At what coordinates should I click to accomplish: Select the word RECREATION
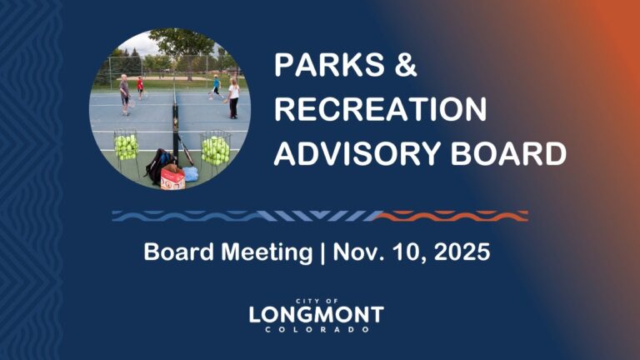click(381, 111)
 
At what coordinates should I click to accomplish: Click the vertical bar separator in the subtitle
click(322, 252)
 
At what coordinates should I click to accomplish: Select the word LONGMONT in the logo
click(316, 315)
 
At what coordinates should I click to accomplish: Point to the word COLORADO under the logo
click(316, 330)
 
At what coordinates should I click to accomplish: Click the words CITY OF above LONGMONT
click(316, 301)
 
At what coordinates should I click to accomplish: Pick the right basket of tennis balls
click(215, 149)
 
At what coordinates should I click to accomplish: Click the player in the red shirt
click(141, 87)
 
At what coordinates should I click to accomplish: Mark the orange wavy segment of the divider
click(451, 216)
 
